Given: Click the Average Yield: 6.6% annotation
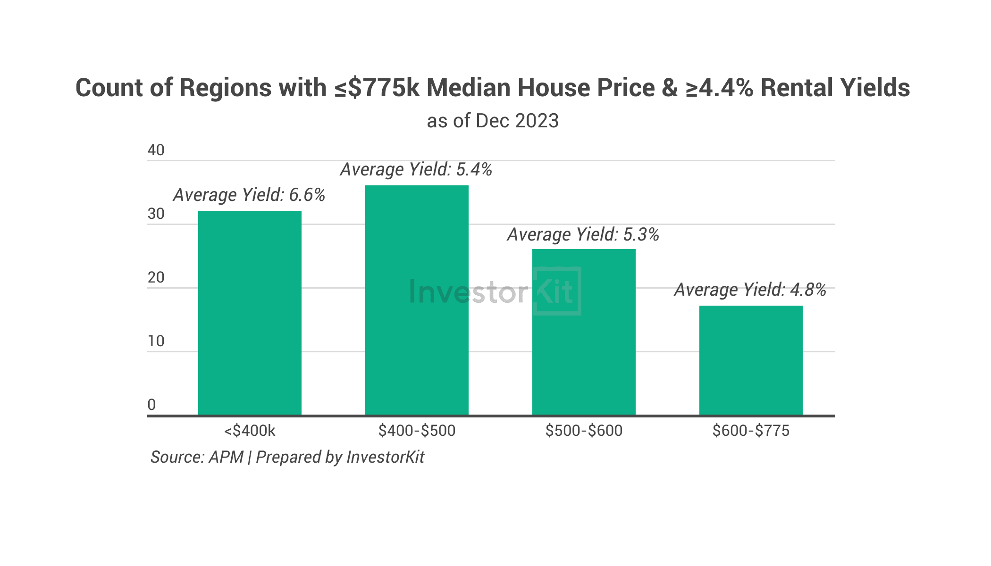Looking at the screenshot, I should [x=249, y=195].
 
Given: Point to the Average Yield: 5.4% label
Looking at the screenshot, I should [x=416, y=169].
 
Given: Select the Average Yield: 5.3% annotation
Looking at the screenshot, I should [x=583, y=234].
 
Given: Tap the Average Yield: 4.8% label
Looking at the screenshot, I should [x=750, y=290].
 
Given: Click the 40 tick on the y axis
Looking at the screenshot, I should [x=156, y=150].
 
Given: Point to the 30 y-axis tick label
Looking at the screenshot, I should [x=156, y=214].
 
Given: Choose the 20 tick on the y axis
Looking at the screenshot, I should [x=156, y=277].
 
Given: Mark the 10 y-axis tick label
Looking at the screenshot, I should [x=156, y=341].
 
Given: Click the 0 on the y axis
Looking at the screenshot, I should [x=151, y=405].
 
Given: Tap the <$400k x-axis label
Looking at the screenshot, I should [x=250, y=431].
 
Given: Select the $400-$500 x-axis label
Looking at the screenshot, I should [x=417, y=431].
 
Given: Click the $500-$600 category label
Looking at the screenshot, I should [x=584, y=431].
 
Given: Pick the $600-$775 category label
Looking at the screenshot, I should [x=751, y=431].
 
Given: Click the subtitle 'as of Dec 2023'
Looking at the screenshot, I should [x=493, y=121].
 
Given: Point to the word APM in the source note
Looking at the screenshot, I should [x=226, y=457].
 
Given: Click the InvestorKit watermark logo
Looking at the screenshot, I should [x=495, y=291].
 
